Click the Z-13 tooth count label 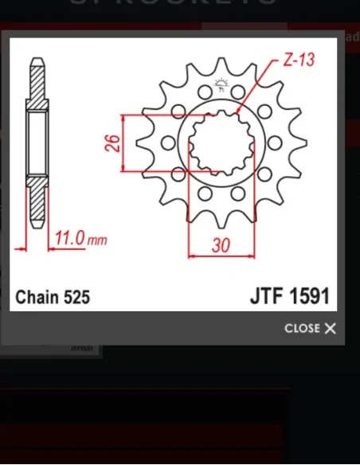point(299,61)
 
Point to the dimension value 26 point(112,143)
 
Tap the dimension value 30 point(221,245)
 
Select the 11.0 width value point(69,237)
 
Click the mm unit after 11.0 point(96,240)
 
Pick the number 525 point(76,298)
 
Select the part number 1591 point(310,297)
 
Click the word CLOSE point(302,328)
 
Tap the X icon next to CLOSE point(331,328)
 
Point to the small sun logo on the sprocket point(221,85)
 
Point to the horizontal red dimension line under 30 point(221,256)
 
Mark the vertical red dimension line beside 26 point(123,143)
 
